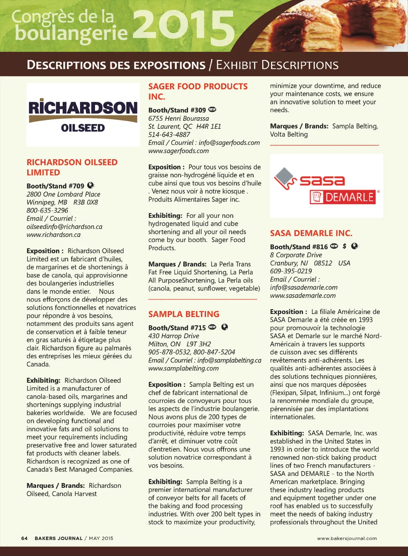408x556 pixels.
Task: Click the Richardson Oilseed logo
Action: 83,115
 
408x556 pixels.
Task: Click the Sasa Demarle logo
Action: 327,186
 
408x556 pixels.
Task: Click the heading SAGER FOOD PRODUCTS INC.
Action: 198,91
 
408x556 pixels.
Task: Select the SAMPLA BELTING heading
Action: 184,314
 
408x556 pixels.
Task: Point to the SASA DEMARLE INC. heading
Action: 311,233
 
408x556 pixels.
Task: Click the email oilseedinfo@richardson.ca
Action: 65,227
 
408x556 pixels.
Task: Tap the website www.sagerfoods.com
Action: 178,151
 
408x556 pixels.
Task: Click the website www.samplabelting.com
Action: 183,368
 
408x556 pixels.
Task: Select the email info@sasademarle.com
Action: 304,287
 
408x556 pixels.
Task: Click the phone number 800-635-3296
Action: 47,210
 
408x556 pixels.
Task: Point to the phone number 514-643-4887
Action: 169,134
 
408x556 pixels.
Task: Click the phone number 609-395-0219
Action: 291,271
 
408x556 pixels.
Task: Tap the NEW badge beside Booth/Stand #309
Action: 212,110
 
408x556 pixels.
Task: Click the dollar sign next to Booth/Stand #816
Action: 345,246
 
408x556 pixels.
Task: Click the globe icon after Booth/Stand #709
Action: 90,185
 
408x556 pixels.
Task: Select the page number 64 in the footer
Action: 24,538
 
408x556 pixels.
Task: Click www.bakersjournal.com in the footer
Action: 347,538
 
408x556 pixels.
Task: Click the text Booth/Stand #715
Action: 177,328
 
